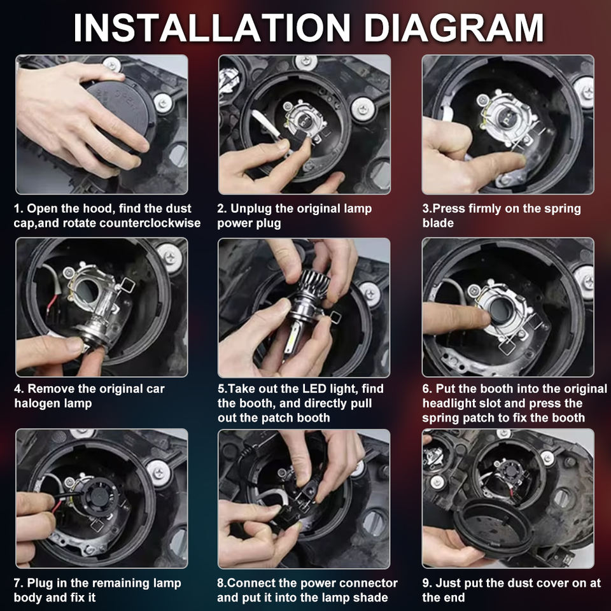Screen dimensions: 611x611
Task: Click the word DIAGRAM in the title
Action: pyautogui.click(x=454, y=28)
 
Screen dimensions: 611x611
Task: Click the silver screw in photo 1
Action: pyautogui.click(x=163, y=103)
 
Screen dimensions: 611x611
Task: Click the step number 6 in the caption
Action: pyautogui.click(x=426, y=389)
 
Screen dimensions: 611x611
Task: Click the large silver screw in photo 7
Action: pyautogui.click(x=158, y=472)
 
